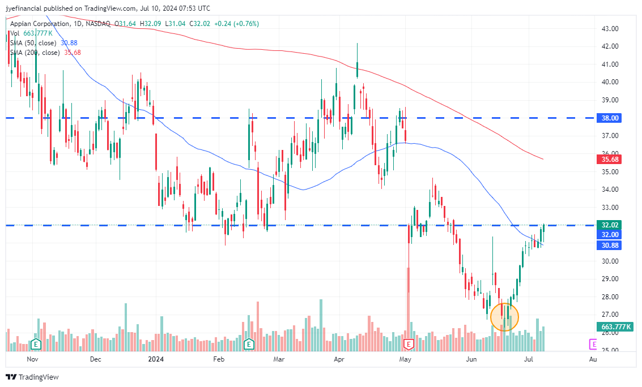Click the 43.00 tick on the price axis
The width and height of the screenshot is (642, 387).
(610, 28)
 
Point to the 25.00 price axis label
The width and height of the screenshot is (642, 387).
(610, 350)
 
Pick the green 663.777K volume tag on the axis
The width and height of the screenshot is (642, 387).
(615, 326)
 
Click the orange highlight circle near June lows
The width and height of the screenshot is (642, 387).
(504, 317)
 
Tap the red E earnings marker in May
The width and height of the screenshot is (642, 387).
(408, 344)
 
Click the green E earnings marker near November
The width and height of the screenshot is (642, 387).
(36, 344)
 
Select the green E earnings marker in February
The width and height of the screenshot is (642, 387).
(248, 344)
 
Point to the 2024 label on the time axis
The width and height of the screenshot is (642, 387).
(155, 359)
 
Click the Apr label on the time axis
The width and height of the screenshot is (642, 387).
(339, 359)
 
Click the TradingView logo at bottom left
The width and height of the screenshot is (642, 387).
(33, 377)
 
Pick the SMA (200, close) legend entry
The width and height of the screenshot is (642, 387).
(35, 53)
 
